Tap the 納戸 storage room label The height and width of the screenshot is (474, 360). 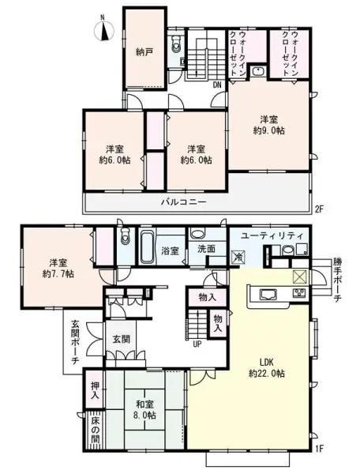point(143,53)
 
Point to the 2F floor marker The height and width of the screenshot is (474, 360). point(319,211)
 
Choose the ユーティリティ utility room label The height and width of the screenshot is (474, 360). point(269,236)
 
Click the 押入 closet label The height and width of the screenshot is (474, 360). point(94,385)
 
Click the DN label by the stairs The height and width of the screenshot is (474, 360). point(217,84)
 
